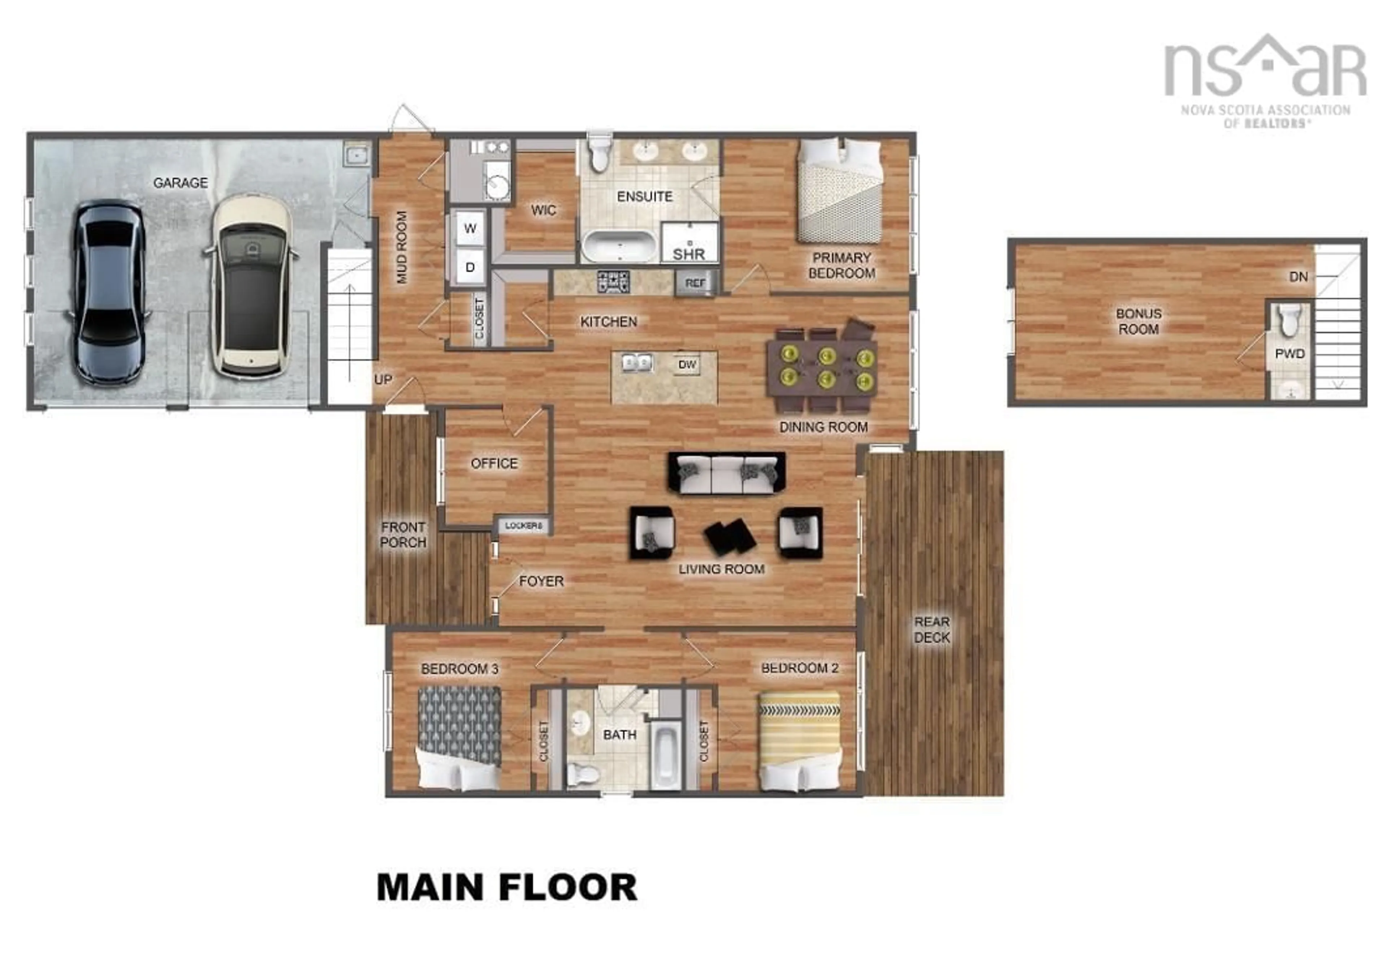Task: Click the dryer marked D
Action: pos(470,267)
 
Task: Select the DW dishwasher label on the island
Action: pos(687,364)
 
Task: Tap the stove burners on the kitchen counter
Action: pos(613,281)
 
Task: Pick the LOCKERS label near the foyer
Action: pos(523,526)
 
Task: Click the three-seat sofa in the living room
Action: pos(726,473)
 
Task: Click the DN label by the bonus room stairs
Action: pos(1298,277)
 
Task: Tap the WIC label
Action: pos(543,210)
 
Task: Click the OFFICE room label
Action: pos(494,463)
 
